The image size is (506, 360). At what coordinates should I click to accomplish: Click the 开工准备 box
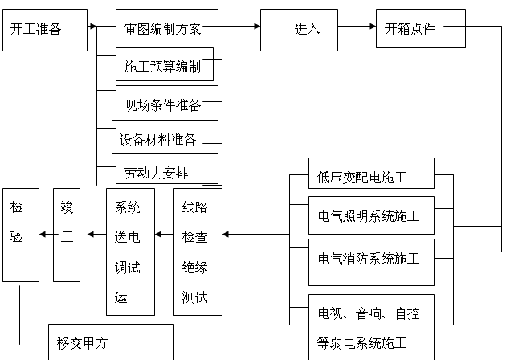44,30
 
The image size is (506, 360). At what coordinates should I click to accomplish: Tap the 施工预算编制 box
165,64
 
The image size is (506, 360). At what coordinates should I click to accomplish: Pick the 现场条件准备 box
166,104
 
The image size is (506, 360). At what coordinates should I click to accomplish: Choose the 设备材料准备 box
165,138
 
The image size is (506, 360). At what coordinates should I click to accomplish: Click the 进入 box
305,30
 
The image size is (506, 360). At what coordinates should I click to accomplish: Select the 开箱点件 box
420,29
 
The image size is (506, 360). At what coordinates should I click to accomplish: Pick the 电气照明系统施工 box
371,215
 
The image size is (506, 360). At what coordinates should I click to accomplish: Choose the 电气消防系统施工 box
371,259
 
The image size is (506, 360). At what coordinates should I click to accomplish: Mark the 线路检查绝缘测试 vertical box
198,252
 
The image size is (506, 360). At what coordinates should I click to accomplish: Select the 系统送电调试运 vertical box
130,252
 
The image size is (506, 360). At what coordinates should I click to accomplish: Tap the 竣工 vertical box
67,235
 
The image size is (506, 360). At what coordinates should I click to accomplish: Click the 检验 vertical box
20,235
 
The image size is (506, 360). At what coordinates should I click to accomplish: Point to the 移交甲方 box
111,342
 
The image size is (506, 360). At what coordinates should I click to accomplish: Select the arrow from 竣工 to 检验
46,235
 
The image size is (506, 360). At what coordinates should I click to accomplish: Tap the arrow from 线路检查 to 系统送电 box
164,235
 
